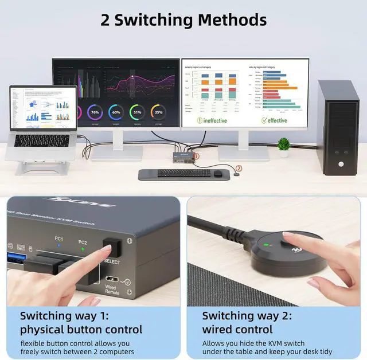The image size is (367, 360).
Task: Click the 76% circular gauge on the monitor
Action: point(95,112)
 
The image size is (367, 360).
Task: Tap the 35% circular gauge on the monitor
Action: point(158,112)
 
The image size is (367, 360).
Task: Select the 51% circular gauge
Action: point(137,112)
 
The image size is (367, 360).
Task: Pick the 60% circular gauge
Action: point(116,112)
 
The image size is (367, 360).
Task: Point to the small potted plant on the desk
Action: point(283,147)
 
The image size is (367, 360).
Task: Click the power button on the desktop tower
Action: point(341,165)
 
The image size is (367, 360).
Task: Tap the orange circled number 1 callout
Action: point(196,155)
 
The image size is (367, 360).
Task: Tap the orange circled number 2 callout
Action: point(239,169)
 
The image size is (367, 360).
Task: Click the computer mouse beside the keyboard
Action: point(218,173)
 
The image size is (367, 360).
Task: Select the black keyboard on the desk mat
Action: point(184,173)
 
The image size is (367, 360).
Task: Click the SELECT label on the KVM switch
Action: point(112,262)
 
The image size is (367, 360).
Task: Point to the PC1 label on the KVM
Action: point(60,238)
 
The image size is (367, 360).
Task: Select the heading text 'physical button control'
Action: point(81,330)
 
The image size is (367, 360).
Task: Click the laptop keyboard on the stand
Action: point(41,140)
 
